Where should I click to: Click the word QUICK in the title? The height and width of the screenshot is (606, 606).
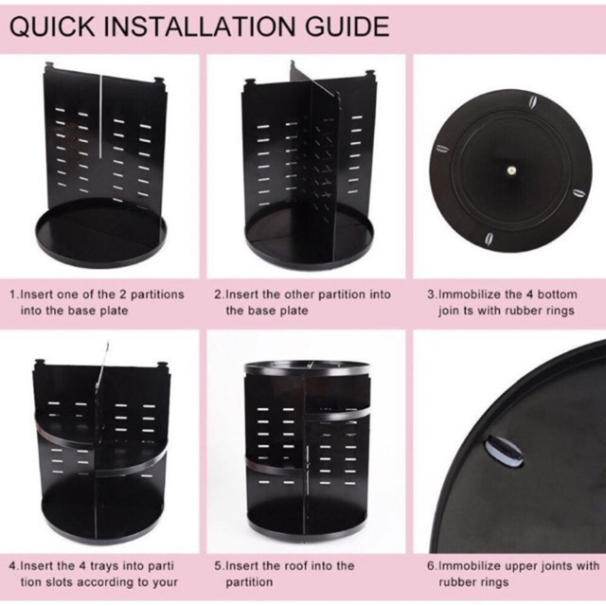pyautogui.click(x=52, y=27)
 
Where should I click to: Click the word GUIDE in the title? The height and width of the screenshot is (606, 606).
pyautogui.click(x=347, y=27)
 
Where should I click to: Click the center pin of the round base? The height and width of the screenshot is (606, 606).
pyautogui.click(x=511, y=169)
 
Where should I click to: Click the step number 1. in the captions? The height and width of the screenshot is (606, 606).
pyautogui.click(x=14, y=294)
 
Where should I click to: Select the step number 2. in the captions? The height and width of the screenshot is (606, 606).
pyautogui.click(x=219, y=294)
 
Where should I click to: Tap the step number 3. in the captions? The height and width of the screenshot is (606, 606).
pyautogui.click(x=432, y=294)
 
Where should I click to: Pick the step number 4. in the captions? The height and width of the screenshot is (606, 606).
pyautogui.click(x=14, y=566)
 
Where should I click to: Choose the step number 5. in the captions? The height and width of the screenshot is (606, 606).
pyautogui.click(x=219, y=566)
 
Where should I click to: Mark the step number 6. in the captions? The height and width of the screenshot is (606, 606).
pyautogui.click(x=432, y=566)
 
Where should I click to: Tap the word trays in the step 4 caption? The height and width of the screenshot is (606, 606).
pyautogui.click(x=104, y=567)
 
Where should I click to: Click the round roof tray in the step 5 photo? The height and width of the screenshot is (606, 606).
pyautogui.click(x=307, y=370)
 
